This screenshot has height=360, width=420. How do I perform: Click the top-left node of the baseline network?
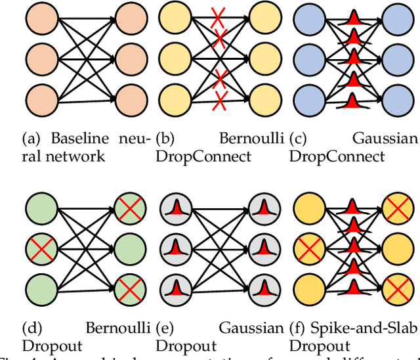pos(37,19)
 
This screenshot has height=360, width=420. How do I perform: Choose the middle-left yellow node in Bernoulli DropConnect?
pos(175,59)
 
